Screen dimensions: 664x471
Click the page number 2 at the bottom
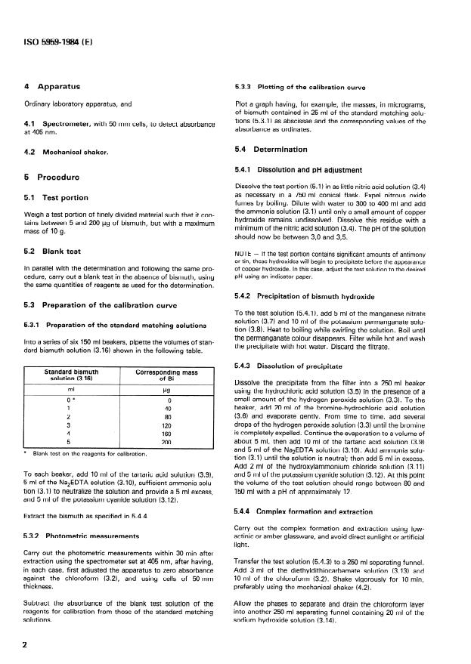(27, 644)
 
